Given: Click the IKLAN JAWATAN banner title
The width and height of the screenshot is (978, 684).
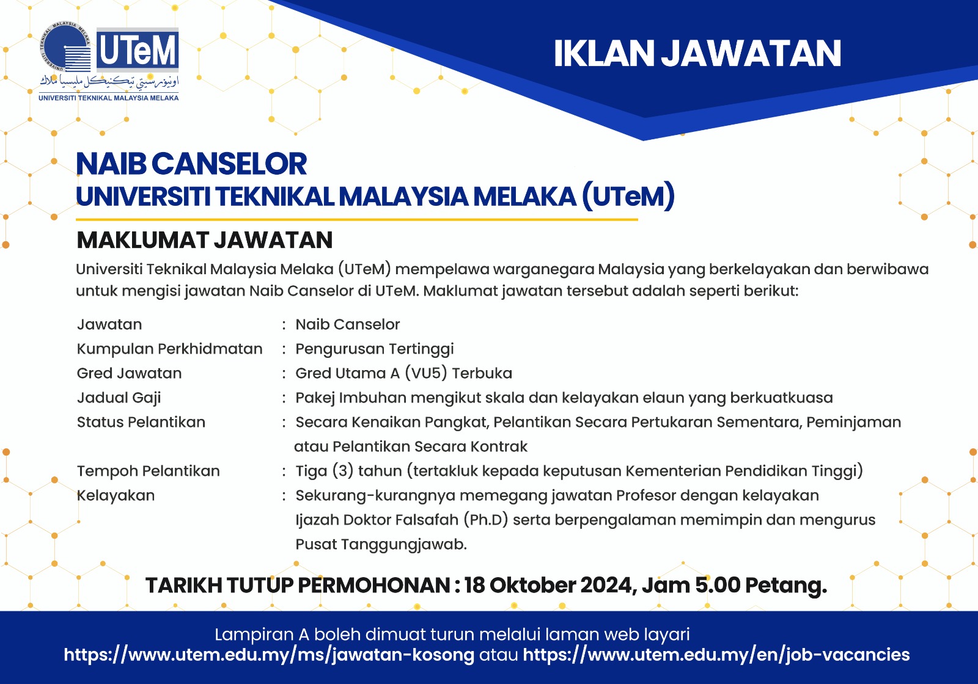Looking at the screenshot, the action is pos(697,54).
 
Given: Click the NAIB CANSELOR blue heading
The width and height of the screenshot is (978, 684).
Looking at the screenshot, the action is pos(191,164).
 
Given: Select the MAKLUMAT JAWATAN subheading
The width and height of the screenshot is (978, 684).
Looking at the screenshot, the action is pos(204,240).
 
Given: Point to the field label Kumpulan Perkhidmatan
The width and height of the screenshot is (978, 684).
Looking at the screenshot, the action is pos(169,349).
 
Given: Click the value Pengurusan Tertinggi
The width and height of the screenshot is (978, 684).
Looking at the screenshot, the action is pos(375,349).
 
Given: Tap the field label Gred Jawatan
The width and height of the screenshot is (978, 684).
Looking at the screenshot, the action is pos(129,373).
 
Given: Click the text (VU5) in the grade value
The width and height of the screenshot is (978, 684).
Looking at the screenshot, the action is pos(425,373).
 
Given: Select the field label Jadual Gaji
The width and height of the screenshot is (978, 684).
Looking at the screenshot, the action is pos(119,398).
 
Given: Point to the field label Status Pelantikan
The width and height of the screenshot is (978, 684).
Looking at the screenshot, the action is pos(141,422).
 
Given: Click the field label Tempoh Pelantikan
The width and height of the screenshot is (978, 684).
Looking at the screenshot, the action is pos(149,471).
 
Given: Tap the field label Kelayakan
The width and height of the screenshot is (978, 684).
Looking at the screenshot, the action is pos(116,495).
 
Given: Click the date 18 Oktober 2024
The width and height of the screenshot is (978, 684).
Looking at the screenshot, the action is pos(548,586).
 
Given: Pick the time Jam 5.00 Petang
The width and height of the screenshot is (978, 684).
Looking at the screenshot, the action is pos(734,586).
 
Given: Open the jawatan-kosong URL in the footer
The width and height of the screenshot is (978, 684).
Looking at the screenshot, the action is pos(269,655).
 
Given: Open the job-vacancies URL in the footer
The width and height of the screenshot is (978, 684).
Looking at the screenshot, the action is pos(716,655).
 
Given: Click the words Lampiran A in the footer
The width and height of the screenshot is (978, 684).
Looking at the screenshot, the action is pos(262,635).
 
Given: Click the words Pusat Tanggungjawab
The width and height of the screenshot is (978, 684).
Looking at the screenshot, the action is pos(381,544).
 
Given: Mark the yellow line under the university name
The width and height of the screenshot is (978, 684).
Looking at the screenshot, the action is pos(357,219).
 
